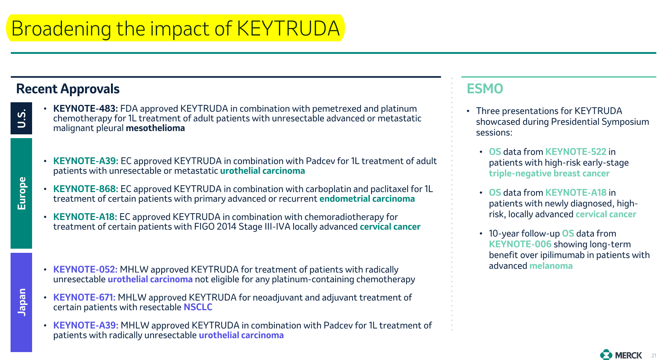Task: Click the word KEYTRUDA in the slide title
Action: tap(288, 28)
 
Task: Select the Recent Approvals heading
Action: tap(68, 89)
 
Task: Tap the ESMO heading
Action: tap(485, 89)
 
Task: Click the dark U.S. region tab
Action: tap(22, 118)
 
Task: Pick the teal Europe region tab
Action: tap(22, 193)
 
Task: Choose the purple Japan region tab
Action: tap(22, 302)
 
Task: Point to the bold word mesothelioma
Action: tap(155, 128)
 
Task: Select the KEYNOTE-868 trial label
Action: tap(86, 189)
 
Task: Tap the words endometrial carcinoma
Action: tap(367, 199)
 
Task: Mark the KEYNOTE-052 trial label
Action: tap(85, 269)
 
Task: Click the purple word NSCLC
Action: tap(198, 307)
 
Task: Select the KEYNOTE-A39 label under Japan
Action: tap(86, 325)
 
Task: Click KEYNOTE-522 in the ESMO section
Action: tap(576, 152)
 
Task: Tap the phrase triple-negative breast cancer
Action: tap(549, 174)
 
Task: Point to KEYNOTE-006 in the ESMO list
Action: tap(520, 244)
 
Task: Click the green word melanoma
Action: tap(551, 266)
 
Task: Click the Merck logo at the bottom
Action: tap(621, 355)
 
